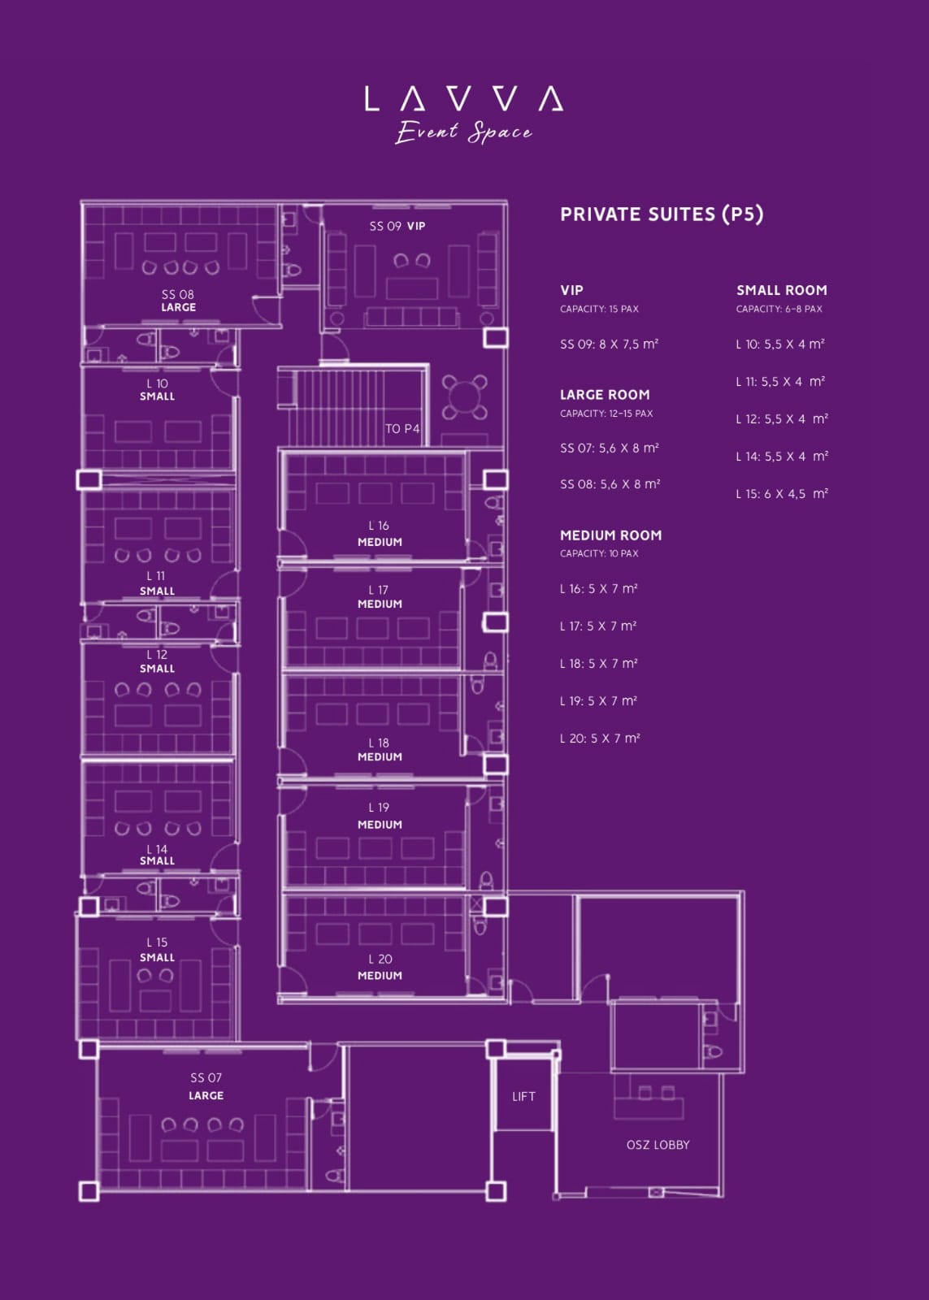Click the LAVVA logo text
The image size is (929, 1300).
(x=464, y=98)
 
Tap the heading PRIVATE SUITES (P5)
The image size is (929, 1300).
(x=662, y=214)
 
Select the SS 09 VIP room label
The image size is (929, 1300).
(x=397, y=227)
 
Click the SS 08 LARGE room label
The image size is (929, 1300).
(x=178, y=301)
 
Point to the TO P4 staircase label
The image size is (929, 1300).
(x=402, y=429)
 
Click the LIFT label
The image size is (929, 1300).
(x=523, y=1096)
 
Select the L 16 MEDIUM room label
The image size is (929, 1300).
(x=380, y=534)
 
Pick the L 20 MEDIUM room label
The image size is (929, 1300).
(x=380, y=968)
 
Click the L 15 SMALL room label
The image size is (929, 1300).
(x=157, y=950)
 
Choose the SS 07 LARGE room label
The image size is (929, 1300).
(x=206, y=1086)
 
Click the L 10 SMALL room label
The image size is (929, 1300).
(x=157, y=390)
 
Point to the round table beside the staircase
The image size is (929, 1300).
(x=465, y=397)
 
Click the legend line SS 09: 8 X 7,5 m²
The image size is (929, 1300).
(x=609, y=344)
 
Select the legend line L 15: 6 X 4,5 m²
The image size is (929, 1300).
(x=782, y=494)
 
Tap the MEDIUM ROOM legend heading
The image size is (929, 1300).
(x=611, y=535)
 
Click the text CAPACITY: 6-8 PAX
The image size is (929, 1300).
(x=779, y=310)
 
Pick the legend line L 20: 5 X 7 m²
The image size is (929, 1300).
(x=600, y=739)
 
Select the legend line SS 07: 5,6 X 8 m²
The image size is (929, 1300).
(x=609, y=448)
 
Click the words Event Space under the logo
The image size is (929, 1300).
(x=463, y=132)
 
